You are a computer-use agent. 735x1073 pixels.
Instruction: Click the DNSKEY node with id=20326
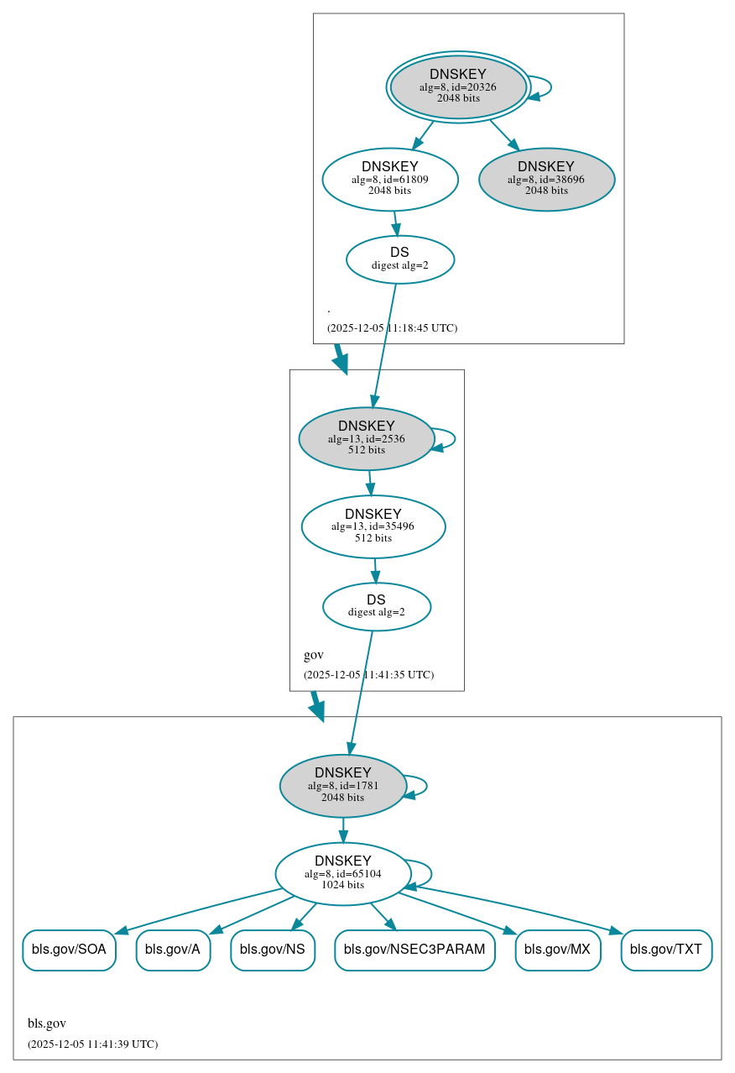(458, 86)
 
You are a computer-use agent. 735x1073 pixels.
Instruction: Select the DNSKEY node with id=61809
(389, 179)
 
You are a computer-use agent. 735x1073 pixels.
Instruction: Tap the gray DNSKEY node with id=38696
(546, 179)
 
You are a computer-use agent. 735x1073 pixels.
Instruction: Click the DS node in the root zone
(400, 259)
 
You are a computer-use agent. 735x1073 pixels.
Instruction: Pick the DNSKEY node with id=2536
(366, 438)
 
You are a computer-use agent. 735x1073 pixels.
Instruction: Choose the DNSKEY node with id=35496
(373, 526)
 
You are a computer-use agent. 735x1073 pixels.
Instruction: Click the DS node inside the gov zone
(377, 606)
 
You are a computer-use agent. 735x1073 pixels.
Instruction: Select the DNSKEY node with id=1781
(342, 786)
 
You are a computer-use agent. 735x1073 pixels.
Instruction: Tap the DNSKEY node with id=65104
(342, 873)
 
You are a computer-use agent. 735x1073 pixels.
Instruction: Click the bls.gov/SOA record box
(69, 950)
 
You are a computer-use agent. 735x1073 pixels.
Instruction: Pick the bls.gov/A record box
(173, 950)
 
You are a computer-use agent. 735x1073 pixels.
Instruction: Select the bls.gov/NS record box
(273, 950)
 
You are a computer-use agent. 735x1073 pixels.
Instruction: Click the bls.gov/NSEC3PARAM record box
(414, 950)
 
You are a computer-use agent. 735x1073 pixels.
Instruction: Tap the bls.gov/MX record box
(557, 950)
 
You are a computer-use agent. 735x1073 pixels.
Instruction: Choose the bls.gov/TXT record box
(666, 950)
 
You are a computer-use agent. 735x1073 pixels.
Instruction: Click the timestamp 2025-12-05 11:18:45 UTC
(392, 328)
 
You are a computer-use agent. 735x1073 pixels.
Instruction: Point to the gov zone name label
(313, 655)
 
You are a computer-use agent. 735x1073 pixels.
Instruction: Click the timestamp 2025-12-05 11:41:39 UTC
(92, 1044)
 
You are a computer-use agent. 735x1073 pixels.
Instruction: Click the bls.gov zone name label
(47, 1023)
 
